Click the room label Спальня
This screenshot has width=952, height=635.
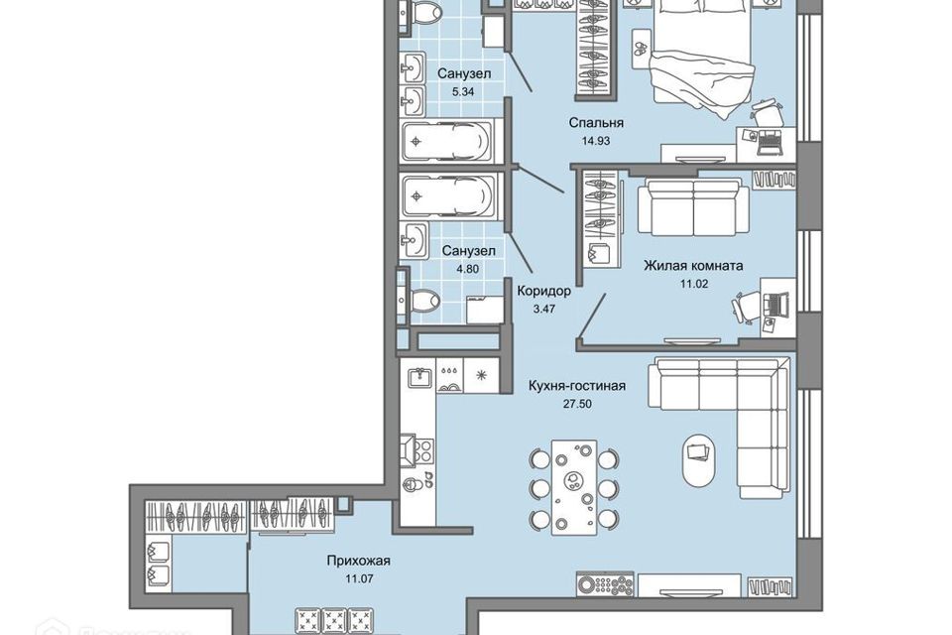(x=596, y=123)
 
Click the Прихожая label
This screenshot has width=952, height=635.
(x=358, y=561)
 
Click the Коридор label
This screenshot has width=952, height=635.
(x=543, y=292)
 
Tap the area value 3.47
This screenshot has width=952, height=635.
(x=543, y=309)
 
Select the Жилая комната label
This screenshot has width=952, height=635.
(x=693, y=265)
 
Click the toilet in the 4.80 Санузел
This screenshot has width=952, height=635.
(x=425, y=302)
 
